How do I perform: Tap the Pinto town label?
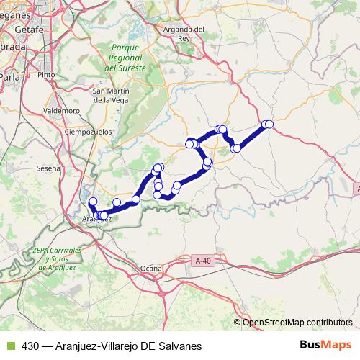pos(47,74)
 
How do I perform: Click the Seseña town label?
pos(48,168)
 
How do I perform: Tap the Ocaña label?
pos(151,267)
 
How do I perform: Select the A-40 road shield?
pos(204,260)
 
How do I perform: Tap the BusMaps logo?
pos(325,345)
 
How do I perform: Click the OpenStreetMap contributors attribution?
pos(297,322)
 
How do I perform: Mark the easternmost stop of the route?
pos(269,125)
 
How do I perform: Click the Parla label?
pos(10,75)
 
